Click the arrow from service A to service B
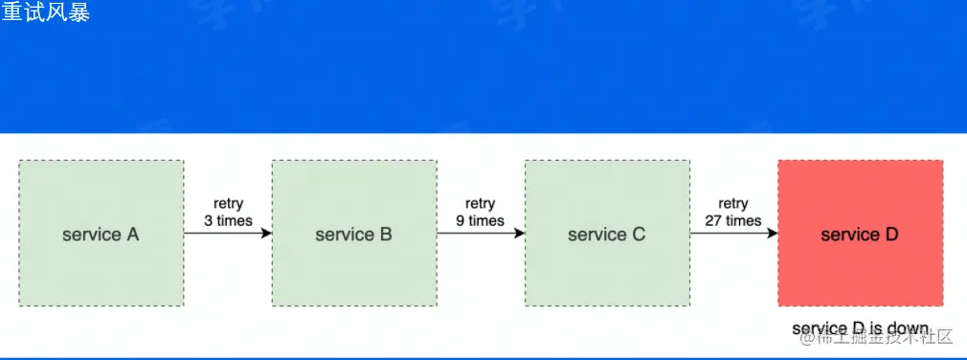228,234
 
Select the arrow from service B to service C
481,234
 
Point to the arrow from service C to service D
733,234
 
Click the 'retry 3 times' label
228,212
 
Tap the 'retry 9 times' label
481,212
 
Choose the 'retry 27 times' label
733,212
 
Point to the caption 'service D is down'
860,328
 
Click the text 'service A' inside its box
101,235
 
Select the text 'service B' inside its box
353,235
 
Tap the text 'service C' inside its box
606,235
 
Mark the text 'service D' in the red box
860,235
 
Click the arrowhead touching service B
266,234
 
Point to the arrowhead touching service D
772,234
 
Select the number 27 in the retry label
714,220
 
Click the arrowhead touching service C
519,234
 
